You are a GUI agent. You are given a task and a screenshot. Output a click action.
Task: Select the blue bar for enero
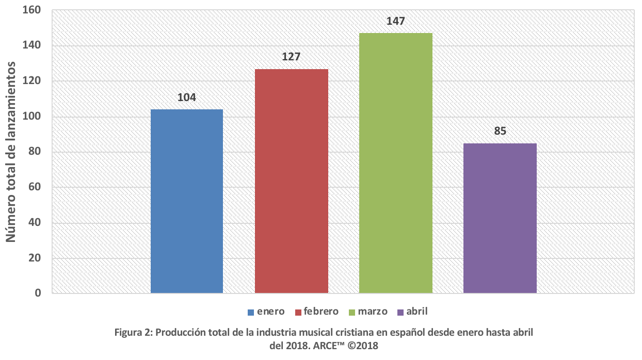click(187, 201)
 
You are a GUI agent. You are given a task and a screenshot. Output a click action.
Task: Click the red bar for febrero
click(292, 181)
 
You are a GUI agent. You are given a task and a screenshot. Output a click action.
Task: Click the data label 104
click(187, 97)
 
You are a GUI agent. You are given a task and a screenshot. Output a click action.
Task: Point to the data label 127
click(291, 57)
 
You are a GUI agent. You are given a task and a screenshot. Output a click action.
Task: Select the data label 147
click(396, 21)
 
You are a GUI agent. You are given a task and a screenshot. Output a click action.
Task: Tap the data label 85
click(500, 131)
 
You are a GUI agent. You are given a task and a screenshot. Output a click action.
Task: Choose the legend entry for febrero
click(316, 312)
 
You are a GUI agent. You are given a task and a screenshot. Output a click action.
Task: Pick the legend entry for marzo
click(370, 312)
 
